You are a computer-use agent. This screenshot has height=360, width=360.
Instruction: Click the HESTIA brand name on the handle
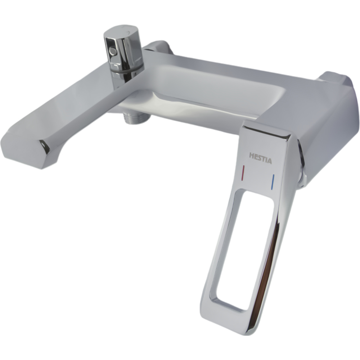pos(260,158)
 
